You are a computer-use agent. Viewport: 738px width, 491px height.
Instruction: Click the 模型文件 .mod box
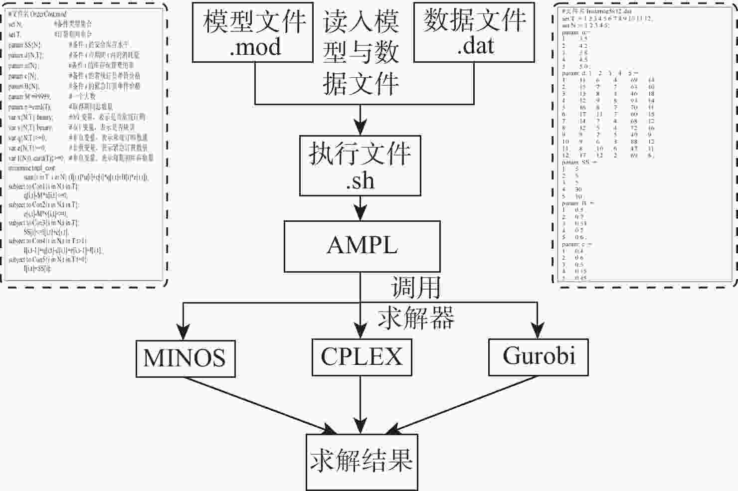point(253,32)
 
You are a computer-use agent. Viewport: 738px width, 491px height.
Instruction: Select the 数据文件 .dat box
point(474,32)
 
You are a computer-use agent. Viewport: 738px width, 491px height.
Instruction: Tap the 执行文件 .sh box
point(360,166)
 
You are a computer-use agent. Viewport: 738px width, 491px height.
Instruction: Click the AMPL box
point(362,246)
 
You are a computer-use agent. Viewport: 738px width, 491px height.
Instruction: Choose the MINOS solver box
point(185,358)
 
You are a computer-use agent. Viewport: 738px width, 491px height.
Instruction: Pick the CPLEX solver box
point(361,357)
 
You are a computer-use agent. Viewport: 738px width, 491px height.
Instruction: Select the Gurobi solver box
point(538,356)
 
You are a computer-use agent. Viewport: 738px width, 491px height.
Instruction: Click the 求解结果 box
point(362,462)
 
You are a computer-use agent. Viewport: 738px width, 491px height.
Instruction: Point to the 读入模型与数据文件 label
point(361,52)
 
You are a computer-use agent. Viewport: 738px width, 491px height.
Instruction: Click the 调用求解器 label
point(415,303)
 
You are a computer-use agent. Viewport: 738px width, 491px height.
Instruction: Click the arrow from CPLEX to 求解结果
point(361,404)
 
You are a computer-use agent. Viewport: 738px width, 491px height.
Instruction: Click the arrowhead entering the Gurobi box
point(537,332)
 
